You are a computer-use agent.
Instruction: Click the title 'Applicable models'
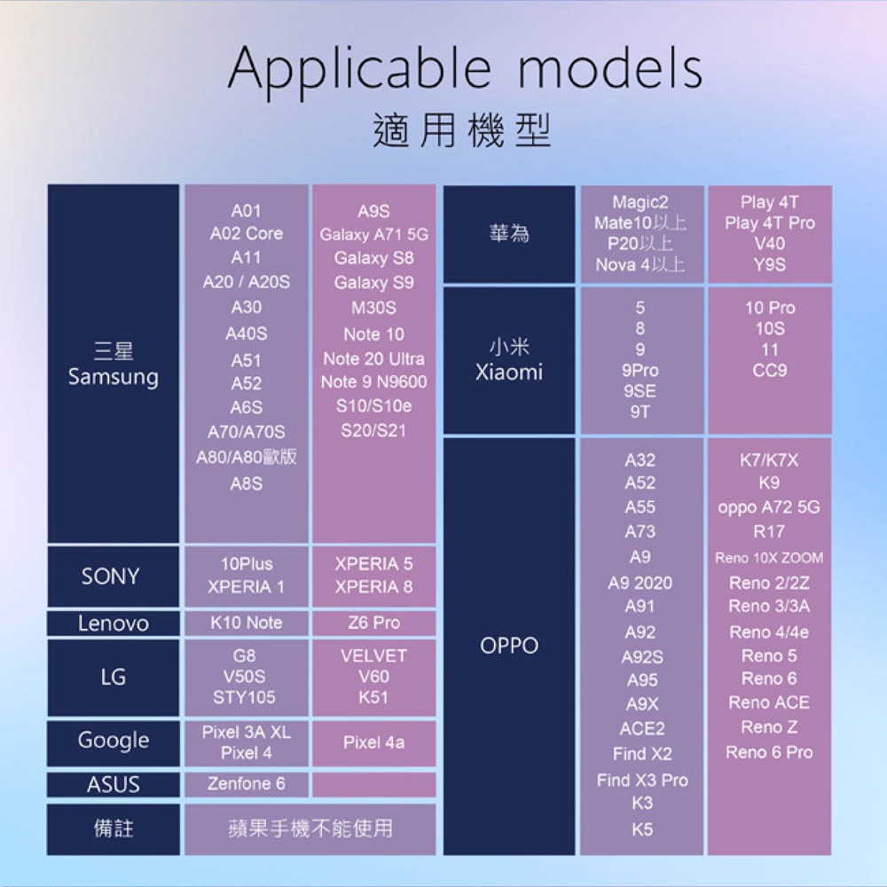(465, 68)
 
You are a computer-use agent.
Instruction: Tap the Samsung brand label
(113, 365)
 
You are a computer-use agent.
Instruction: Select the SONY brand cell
(111, 577)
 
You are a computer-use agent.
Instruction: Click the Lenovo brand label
(113, 624)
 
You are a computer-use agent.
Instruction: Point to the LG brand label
(113, 678)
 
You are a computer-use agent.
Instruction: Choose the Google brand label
(113, 741)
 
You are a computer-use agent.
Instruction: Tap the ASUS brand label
(113, 785)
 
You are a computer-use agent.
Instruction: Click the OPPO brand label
(509, 646)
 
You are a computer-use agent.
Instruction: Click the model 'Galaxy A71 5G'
(373, 235)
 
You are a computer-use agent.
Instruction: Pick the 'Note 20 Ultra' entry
(373, 358)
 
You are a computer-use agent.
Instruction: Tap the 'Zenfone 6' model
(246, 784)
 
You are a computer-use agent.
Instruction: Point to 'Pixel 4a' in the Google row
(373, 742)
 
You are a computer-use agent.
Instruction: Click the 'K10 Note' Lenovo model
(246, 623)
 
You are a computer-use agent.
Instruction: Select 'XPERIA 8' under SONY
(373, 586)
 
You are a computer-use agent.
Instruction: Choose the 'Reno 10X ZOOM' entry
(769, 558)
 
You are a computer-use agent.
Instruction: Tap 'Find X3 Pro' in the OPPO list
(642, 781)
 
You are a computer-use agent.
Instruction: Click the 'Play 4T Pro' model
(769, 223)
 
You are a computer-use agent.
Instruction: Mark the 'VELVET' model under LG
(373, 655)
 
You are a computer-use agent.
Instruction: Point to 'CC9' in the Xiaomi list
(769, 370)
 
